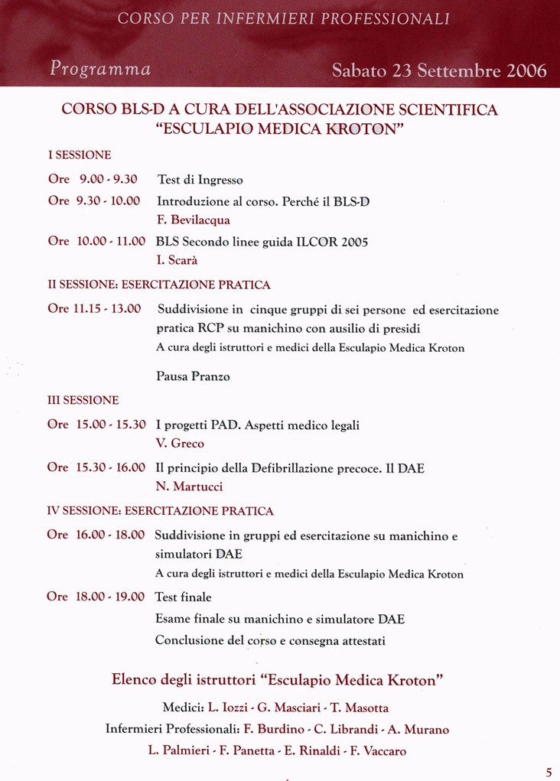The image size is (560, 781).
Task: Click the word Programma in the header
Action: coord(100,69)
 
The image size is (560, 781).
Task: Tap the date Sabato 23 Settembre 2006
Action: coord(439,71)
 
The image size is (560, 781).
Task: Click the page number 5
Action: coord(549,771)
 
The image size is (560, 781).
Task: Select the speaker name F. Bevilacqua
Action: coord(193,220)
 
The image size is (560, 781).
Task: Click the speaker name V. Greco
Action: coord(180,444)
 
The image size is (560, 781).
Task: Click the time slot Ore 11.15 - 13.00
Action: coord(94,309)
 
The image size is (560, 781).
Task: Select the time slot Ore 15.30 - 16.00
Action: coord(96,467)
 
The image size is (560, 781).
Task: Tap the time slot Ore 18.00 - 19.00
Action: coord(96,597)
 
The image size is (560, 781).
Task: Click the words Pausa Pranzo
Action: coord(193,376)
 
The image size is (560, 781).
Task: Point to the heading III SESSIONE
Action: coord(83,400)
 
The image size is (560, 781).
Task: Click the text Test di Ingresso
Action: coord(200,180)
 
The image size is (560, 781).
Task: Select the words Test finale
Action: coord(183,597)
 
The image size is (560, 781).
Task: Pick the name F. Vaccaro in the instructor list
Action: coord(378,751)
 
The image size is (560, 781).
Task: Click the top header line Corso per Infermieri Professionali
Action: coord(284,18)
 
